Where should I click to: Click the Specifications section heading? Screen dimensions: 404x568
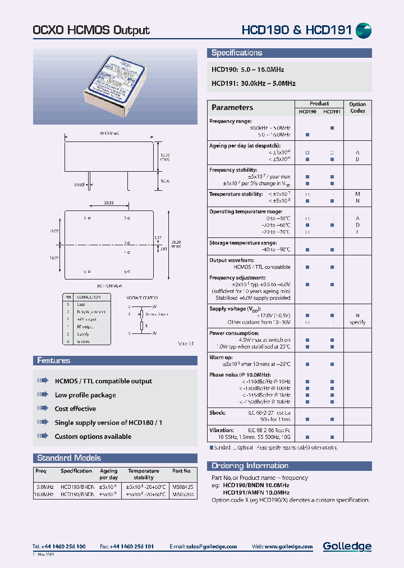(x=237, y=53)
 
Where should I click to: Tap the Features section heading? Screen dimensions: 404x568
(x=54, y=361)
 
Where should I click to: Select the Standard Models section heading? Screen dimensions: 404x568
(x=69, y=458)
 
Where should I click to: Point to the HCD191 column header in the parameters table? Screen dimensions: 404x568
(x=332, y=111)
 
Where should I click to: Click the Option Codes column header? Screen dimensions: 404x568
(x=357, y=107)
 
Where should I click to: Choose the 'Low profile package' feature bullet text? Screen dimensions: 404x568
(x=85, y=395)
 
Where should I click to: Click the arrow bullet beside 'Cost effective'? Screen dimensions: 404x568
(x=43, y=409)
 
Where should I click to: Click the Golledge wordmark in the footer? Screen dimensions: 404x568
(x=347, y=546)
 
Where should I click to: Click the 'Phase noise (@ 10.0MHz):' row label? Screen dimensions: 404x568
(x=240, y=374)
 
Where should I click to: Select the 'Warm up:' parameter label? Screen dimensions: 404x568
(x=221, y=357)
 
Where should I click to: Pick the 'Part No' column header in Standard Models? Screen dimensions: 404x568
(x=181, y=471)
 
